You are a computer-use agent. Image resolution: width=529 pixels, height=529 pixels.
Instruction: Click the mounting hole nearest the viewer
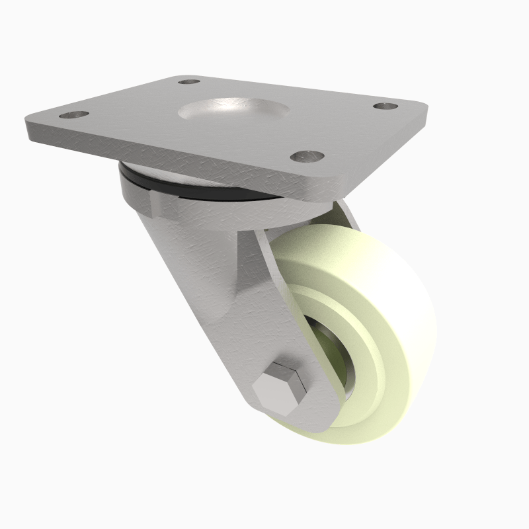pos(308,157)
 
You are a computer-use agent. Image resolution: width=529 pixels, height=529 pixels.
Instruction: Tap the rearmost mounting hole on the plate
pos(190,82)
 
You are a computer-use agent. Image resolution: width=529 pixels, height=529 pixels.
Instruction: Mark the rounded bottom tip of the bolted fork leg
pos(311,423)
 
